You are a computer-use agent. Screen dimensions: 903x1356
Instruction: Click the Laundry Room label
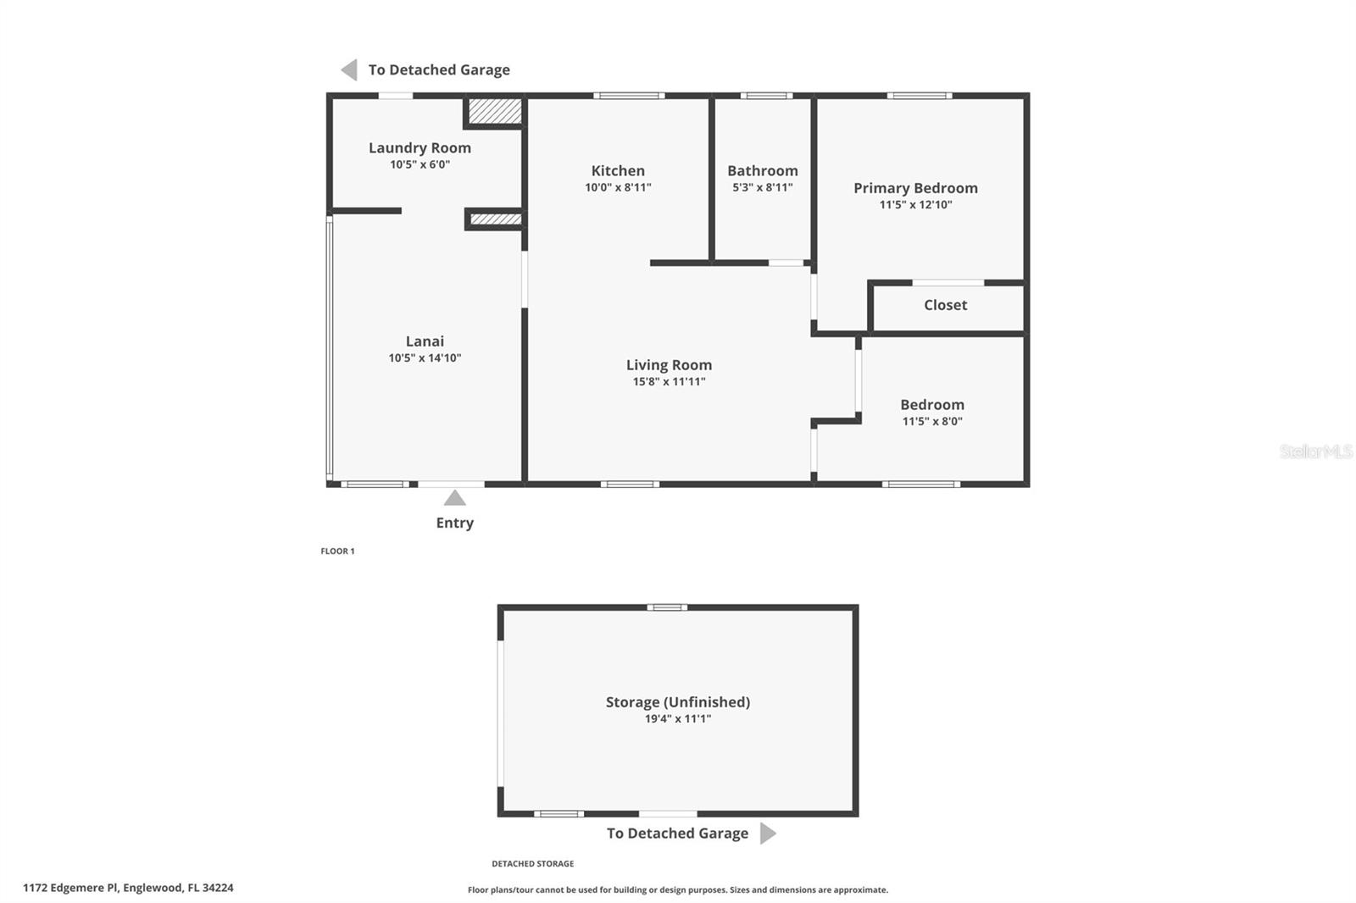[420, 147]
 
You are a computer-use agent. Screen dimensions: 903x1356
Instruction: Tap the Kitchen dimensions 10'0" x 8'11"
[618, 187]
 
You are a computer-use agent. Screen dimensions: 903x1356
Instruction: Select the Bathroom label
[762, 170]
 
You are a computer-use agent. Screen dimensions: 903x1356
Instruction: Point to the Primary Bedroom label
[915, 188]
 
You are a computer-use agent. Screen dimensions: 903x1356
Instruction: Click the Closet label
[945, 305]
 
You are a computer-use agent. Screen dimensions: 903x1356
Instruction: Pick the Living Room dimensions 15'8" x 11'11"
[669, 382]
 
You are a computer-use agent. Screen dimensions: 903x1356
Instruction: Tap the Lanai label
[425, 341]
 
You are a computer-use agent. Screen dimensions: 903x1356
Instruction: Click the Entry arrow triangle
[455, 498]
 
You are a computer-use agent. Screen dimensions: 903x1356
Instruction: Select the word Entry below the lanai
[454, 523]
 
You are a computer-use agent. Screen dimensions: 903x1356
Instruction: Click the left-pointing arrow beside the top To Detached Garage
[349, 69]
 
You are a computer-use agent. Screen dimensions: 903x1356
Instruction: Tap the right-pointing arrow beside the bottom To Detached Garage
[767, 834]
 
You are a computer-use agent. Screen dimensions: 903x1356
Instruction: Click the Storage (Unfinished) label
[677, 701]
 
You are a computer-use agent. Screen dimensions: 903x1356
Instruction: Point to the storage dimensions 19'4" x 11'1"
[677, 719]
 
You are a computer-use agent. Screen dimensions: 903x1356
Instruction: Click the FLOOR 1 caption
[337, 551]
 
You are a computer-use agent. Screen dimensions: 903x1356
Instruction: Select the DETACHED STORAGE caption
[532, 864]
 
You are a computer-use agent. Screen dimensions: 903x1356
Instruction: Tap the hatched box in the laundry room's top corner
[495, 111]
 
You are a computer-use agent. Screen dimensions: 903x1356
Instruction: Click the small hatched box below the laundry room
[495, 219]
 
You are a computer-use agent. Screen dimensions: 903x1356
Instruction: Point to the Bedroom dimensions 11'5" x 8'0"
[931, 421]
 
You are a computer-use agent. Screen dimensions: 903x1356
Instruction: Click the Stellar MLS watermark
[1315, 451]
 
